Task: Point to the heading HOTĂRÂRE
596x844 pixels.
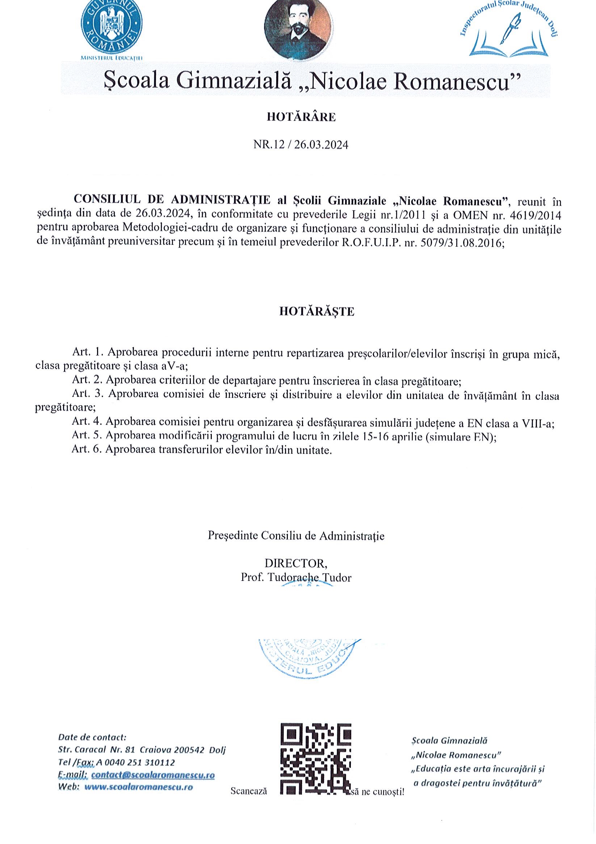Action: pyautogui.click(x=301, y=117)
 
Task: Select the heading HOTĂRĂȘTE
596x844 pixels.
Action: pyautogui.click(x=316, y=312)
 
